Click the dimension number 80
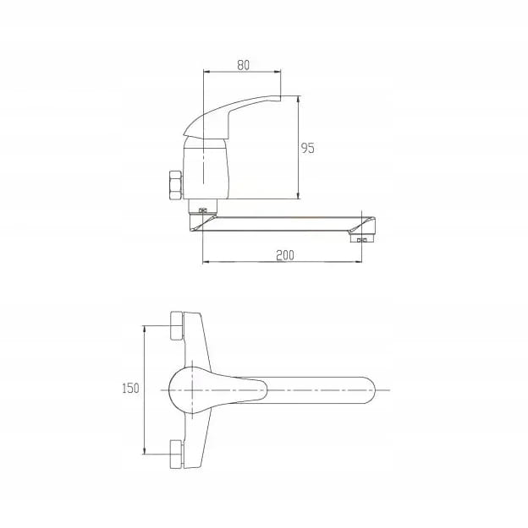point(243,65)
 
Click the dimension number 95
point(307,148)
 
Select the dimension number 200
point(285,255)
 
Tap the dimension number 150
point(130,389)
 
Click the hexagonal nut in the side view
point(175,186)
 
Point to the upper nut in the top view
point(177,325)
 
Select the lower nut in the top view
point(177,454)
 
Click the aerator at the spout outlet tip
point(362,239)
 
